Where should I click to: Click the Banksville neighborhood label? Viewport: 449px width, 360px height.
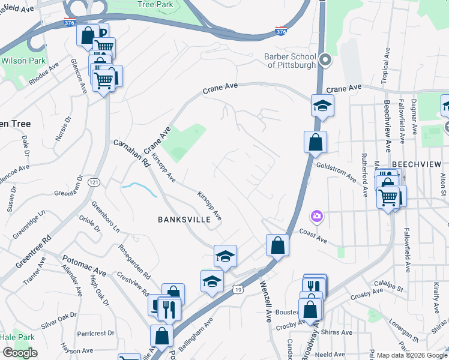(184, 220)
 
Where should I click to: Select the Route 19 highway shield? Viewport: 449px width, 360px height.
(237, 289)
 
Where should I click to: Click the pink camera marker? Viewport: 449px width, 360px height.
(316, 215)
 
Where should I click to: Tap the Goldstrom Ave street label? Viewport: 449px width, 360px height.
(336, 171)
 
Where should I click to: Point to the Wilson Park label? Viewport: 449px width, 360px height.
(23, 61)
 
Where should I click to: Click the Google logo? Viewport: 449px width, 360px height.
(20, 353)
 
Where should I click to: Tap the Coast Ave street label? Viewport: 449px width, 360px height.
(313, 236)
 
